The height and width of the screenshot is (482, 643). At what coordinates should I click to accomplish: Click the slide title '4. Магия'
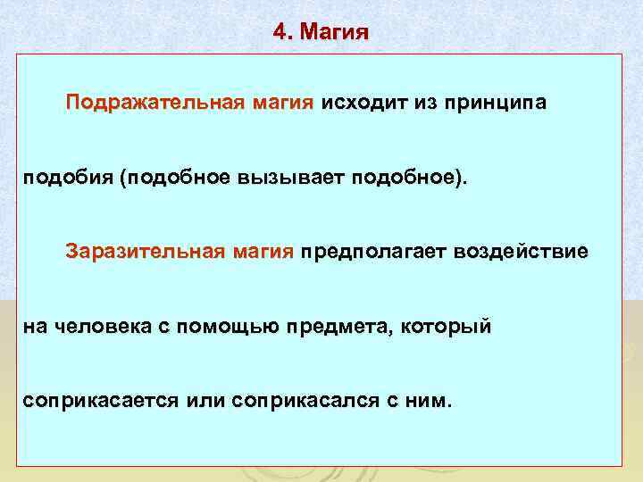pyautogui.click(x=321, y=33)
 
